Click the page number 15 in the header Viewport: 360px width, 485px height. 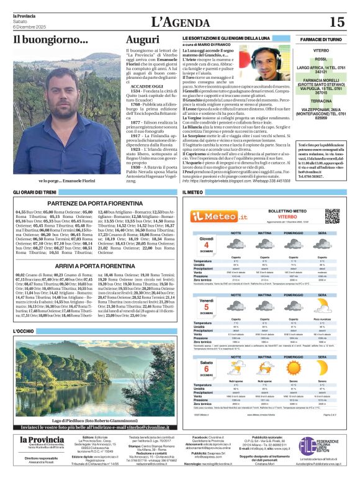point(336,22)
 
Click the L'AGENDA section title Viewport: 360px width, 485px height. point(179,22)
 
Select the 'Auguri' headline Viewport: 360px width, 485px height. point(142,40)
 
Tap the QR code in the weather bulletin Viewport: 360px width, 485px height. point(333,216)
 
